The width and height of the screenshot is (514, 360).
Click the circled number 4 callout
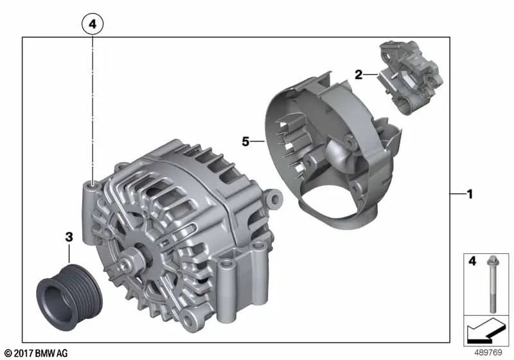pyautogui.click(x=93, y=24)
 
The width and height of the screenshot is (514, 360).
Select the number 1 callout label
pyautogui.click(x=470, y=194)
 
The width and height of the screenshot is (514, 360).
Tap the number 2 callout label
pyautogui.click(x=359, y=75)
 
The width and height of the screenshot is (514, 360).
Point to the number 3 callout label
pyautogui.click(x=69, y=237)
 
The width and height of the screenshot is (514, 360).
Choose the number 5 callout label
pyautogui.click(x=245, y=141)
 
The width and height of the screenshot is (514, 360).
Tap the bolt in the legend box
pyautogui.click(x=492, y=283)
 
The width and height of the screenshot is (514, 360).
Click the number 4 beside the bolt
pyautogui.click(x=472, y=261)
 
